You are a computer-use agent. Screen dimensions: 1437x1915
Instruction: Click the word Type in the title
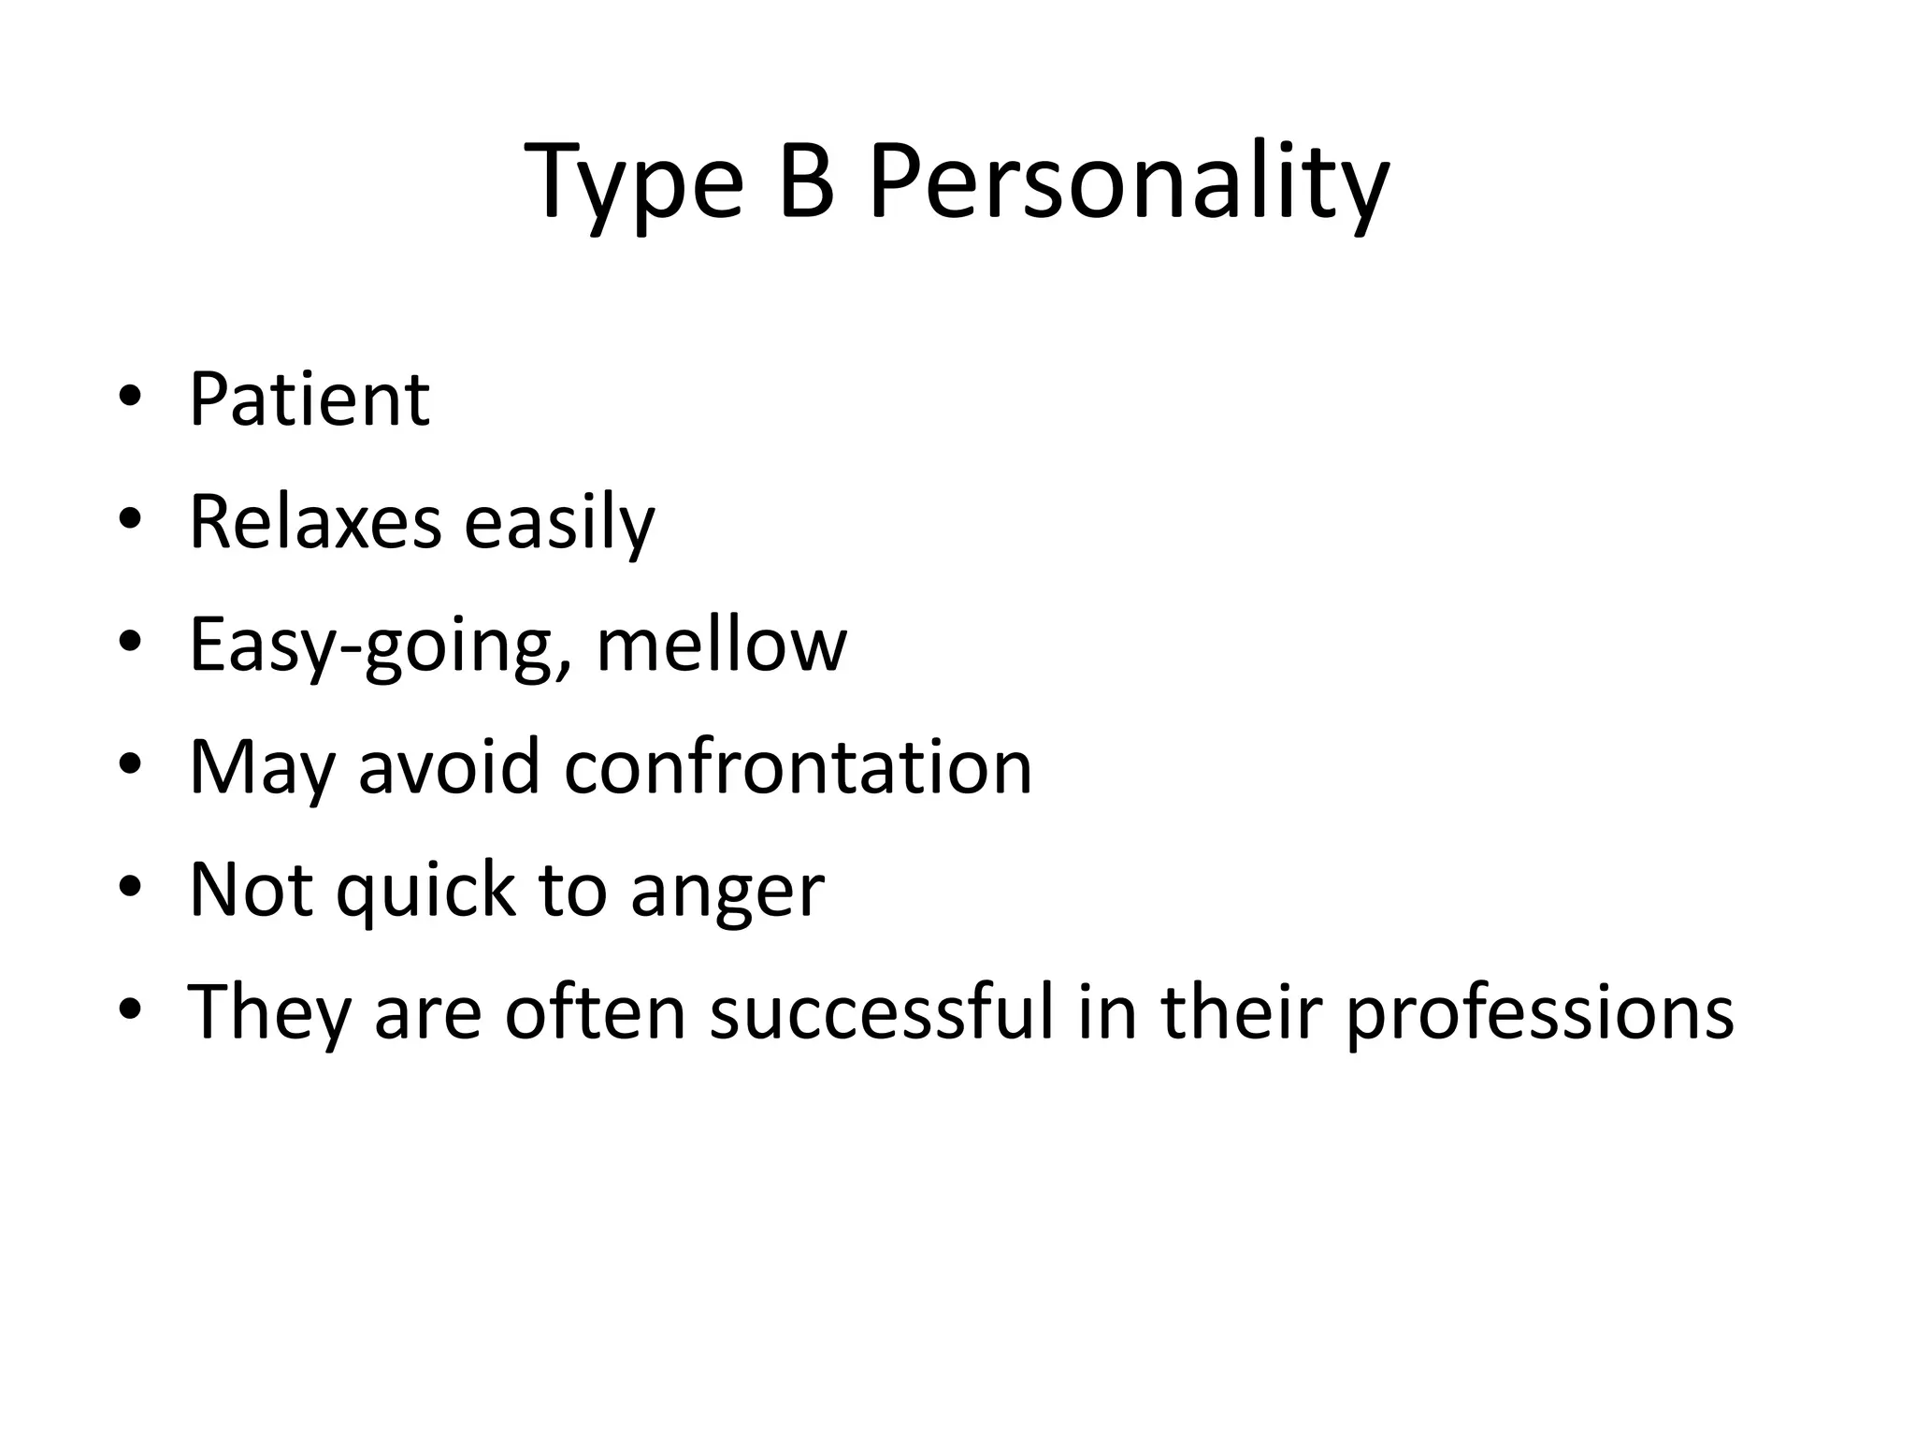tap(635, 183)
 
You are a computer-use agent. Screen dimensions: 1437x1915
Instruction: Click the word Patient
tap(309, 399)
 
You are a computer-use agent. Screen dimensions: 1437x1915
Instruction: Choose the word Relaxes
tap(315, 522)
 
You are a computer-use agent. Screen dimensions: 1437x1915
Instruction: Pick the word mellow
tap(721, 645)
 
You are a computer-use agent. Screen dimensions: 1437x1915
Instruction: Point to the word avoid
tap(450, 767)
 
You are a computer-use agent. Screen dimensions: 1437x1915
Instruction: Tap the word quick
tap(425, 891)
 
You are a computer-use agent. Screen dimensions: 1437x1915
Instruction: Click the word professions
tap(1539, 1014)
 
